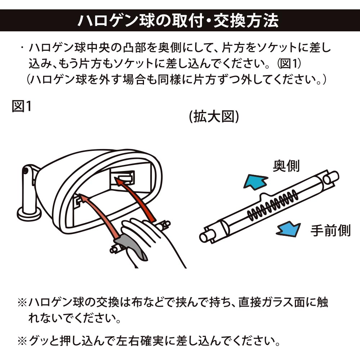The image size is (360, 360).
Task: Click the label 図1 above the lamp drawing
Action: pos(22,106)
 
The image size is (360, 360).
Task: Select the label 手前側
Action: pos(330,231)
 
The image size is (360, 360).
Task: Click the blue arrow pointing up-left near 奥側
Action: pos(255,180)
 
